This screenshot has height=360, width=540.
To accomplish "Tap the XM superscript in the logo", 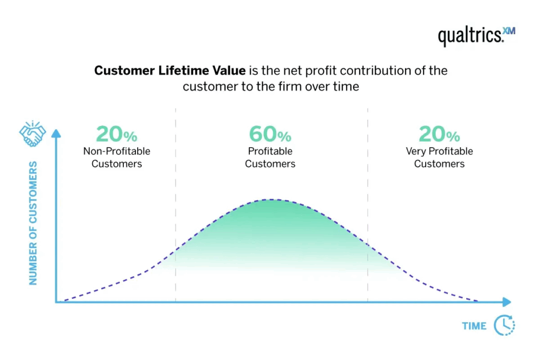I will (x=509, y=31).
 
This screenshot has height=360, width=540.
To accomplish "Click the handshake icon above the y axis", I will (x=33, y=134).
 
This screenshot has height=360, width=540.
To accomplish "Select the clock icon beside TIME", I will (x=504, y=325).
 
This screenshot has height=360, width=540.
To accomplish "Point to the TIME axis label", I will (x=474, y=326).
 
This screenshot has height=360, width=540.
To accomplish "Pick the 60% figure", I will (x=270, y=135).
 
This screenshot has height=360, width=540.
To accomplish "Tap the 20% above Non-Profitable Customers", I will (x=117, y=135).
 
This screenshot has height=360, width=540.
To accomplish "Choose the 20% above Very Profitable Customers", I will (x=439, y=135).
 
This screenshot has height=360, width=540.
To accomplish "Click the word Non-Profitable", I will (x=117, y=151).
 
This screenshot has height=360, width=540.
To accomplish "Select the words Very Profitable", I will (x=439, y=151).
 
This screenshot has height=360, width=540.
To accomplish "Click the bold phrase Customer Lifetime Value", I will (x=170, y=71).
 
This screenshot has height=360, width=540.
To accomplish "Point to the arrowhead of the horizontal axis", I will (x=507, y=302).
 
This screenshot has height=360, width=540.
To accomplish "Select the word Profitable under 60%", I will (x=270, y=151).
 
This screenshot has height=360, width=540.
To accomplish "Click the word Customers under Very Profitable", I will (x=439, y=164).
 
